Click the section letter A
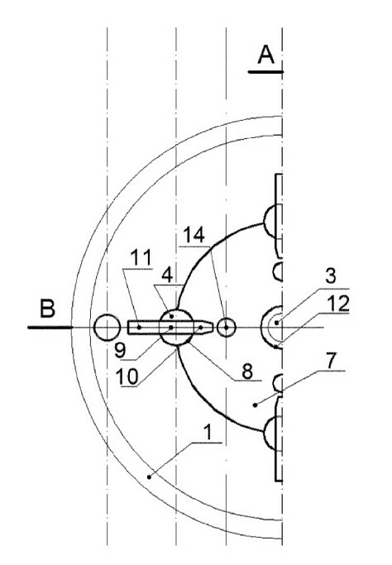266,55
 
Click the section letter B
47,309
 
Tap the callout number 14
194,235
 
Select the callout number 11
141,257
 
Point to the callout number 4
167,275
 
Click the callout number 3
331,275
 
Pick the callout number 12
338,304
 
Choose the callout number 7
332,361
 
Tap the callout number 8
247,371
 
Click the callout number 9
120,350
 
